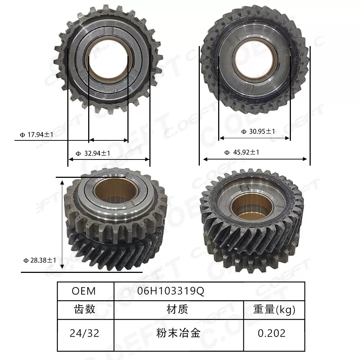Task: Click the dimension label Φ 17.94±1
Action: [x=37, y=135]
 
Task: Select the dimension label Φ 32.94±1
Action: [x=93, y=153]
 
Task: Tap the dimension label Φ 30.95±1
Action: [x=258, y=132]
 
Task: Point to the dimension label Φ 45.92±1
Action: [x=242, y=152]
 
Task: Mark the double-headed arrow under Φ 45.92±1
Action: [x=255, y=159]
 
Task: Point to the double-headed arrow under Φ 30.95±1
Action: [x=255, y=138]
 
